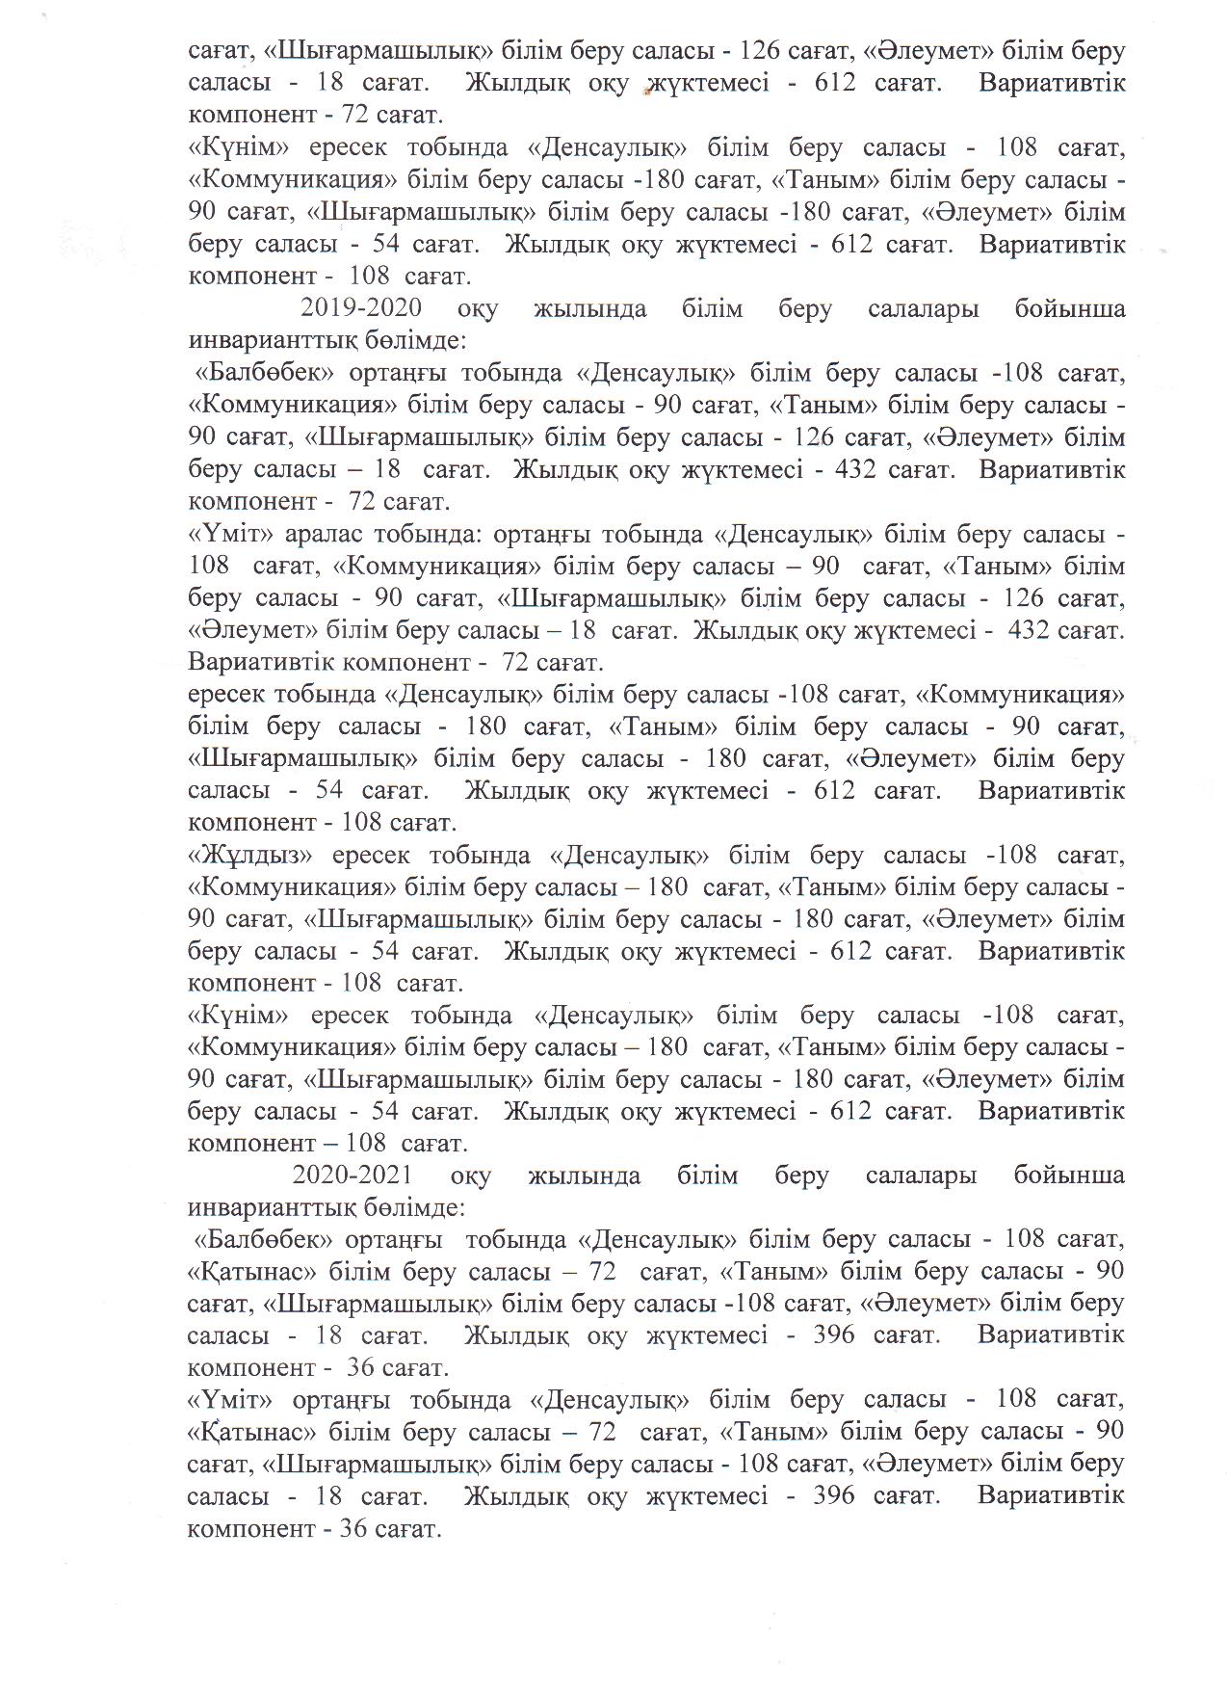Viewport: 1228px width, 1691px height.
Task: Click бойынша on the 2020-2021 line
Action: (x=1069, y=1176)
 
